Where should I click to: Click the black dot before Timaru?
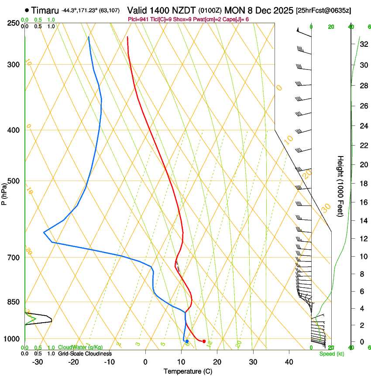[x=27, y=10]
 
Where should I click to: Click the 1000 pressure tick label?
[x=11, y=339]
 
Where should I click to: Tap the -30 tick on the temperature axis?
[x=37, y=362]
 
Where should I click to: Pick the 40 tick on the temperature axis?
[x=289, y=362]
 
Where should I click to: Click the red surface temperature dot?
[x=204, y=341]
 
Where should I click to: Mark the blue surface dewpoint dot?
[x=187, y=341]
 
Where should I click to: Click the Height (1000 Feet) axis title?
[x=341, y=186]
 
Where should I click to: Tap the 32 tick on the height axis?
[x=363, y=44]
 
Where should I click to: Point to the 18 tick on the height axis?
[x=363, y=184]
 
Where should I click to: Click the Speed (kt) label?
[x=332, y=354]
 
